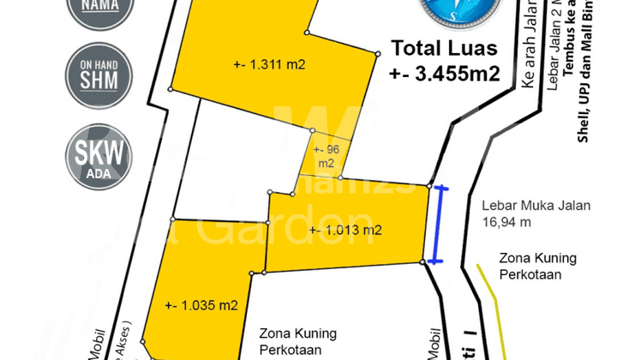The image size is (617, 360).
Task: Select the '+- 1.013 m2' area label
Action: pyautogui.click(x=345, y=229)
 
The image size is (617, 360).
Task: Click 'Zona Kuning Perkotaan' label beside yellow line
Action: pyautogui.click(x=539, y=265)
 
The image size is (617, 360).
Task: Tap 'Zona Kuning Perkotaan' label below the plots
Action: pyautogui.click(x=298, y=340)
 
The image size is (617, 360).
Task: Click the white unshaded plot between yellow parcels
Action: pyautogui.click(x=231, y=154)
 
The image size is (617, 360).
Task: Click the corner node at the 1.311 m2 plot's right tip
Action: pyautogui.click(x=377, y=52)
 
